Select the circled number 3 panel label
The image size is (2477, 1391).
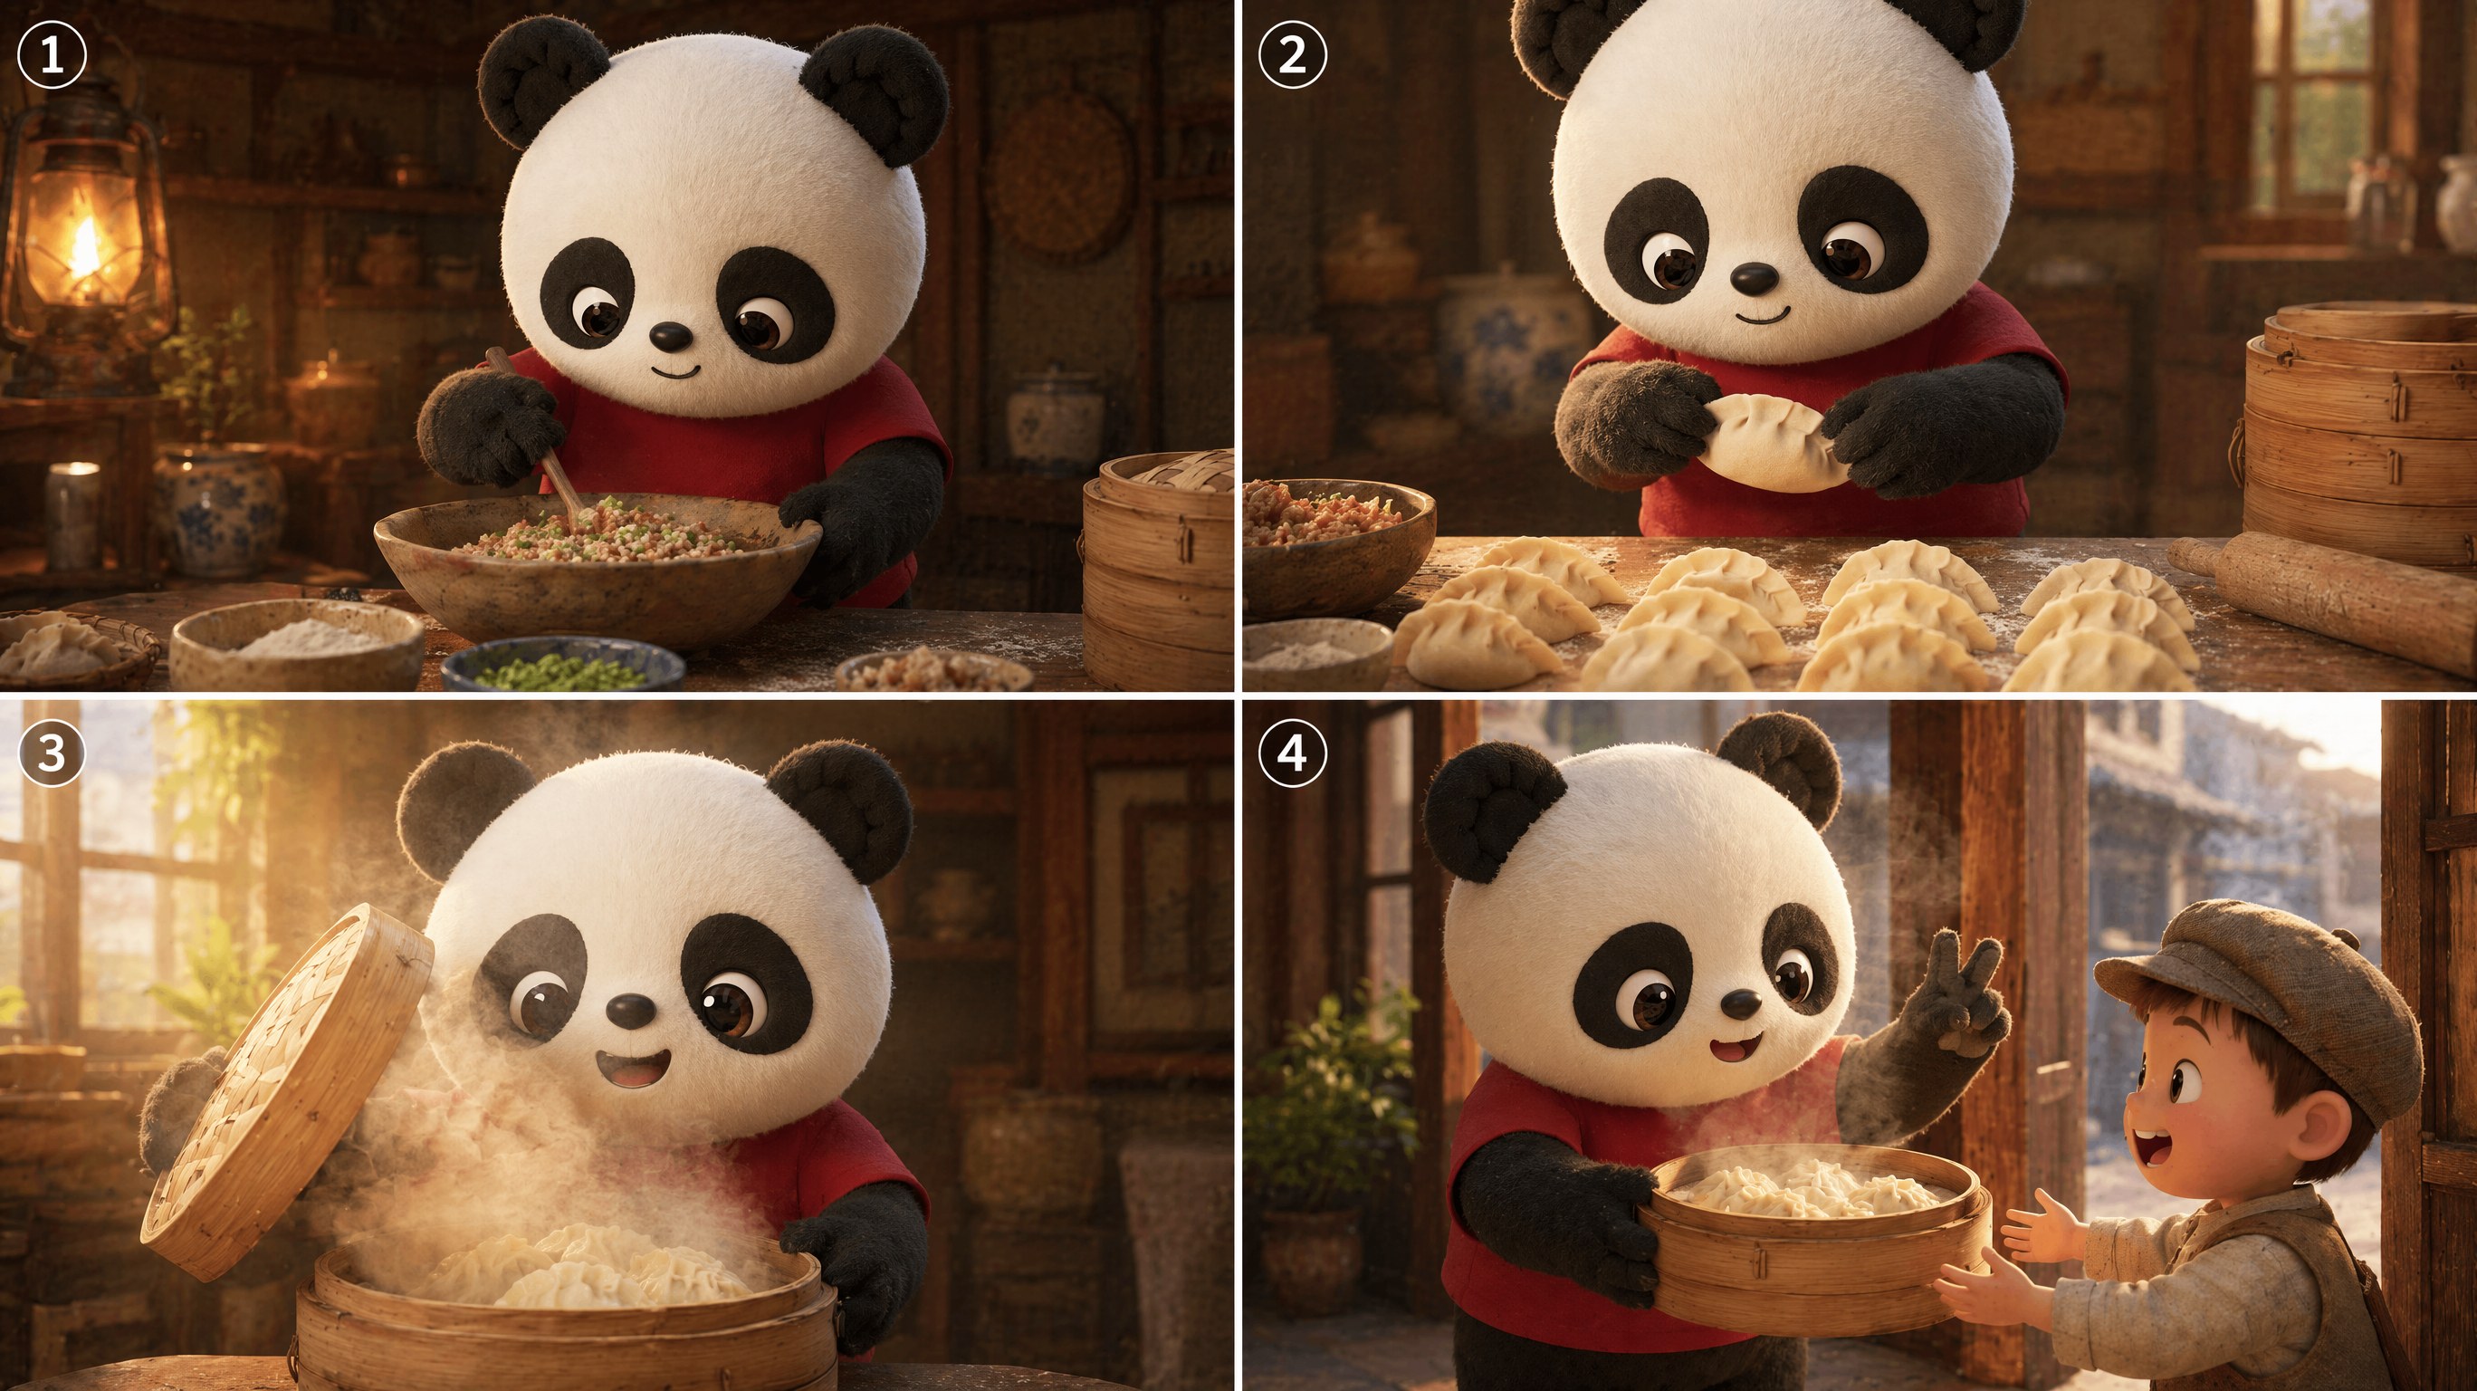coord(52,752)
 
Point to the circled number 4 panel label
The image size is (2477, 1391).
coord(1292,752)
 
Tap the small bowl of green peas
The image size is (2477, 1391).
coord(562,667)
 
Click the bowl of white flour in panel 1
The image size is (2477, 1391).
coord(298,643)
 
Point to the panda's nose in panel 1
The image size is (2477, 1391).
coord(669,336)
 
